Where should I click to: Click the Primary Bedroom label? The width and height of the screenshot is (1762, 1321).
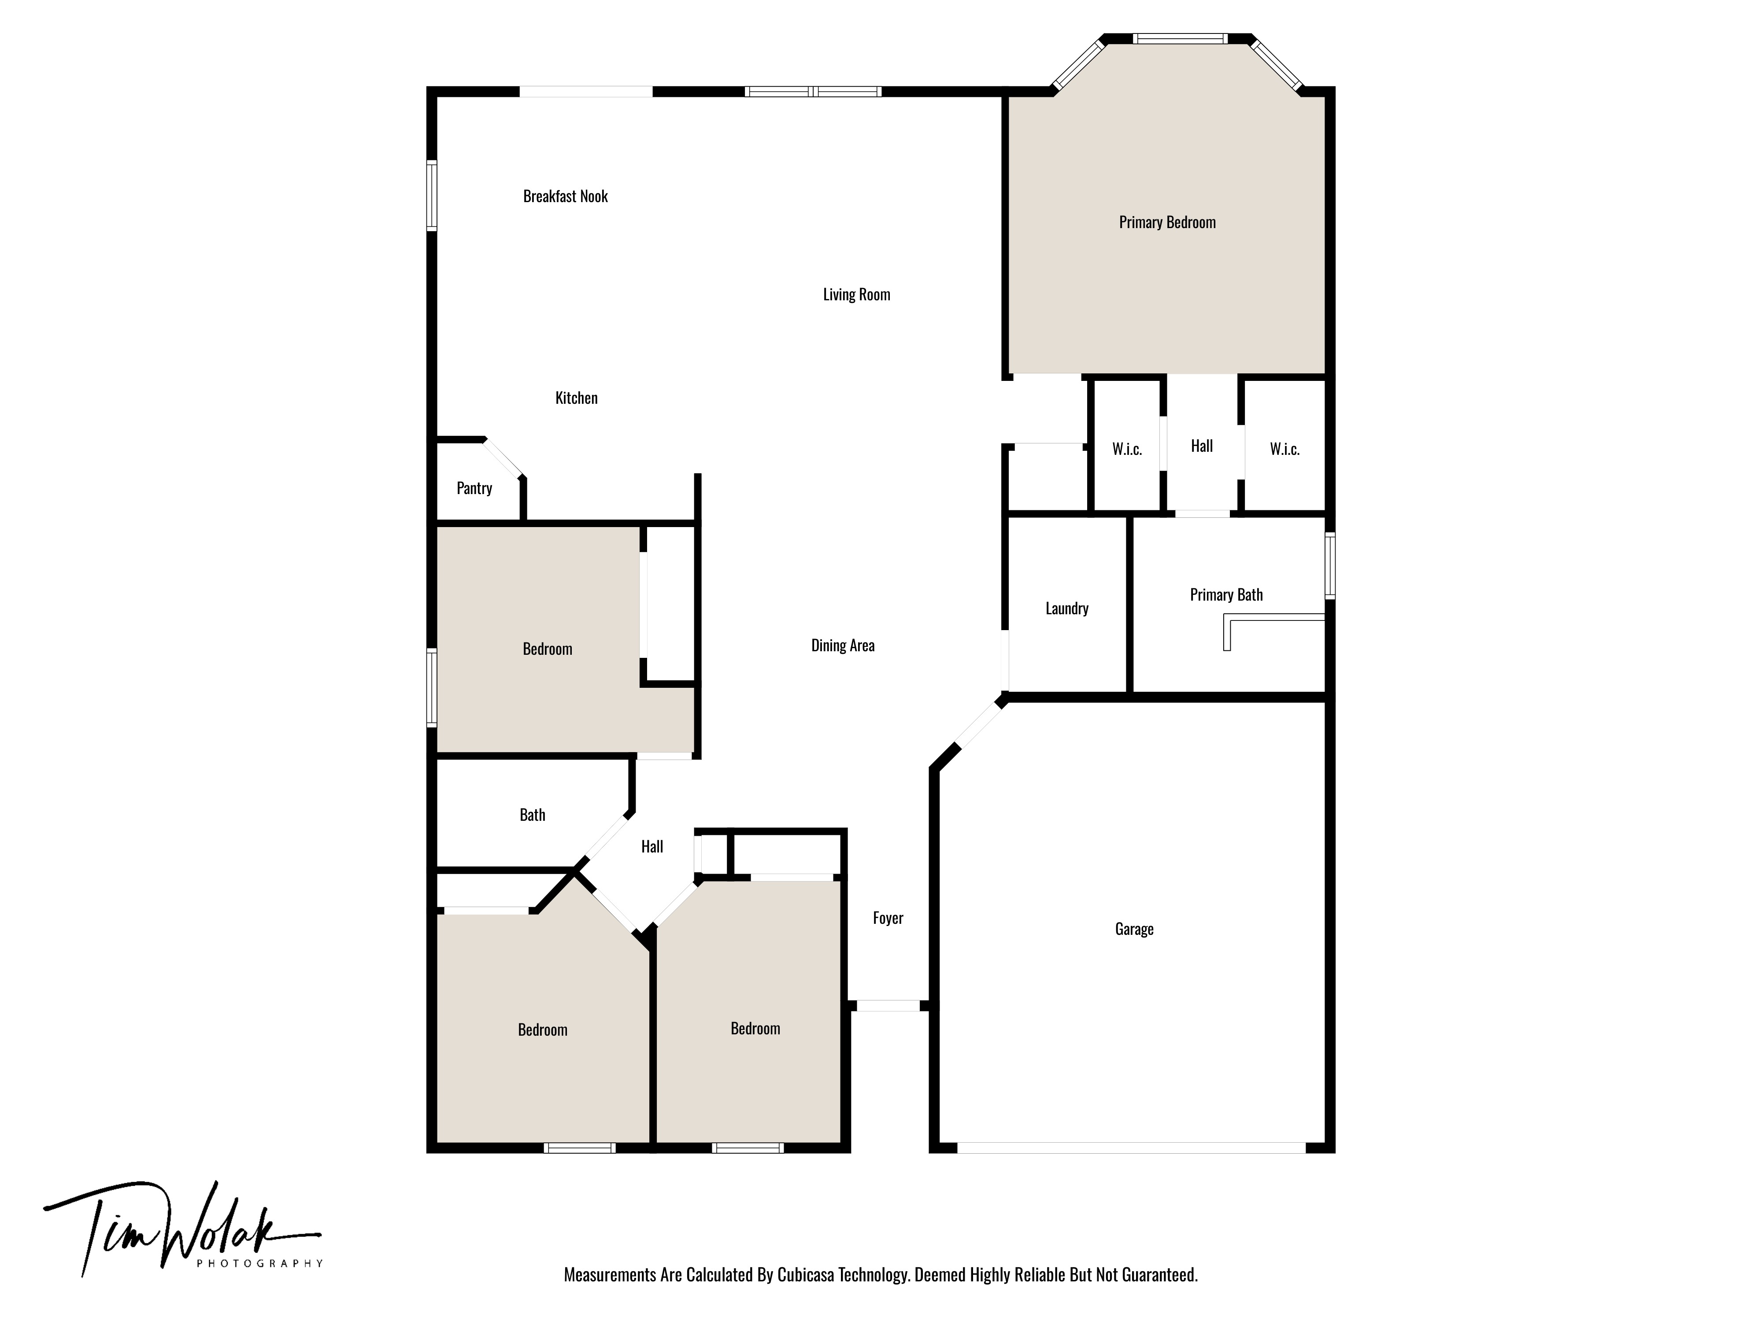coord(1167,223)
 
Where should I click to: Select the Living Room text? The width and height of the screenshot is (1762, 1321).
coord(856,295)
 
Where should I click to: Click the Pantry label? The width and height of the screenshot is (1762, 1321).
coord(474,488)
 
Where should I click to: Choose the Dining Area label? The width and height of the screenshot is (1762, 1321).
coord(843,646)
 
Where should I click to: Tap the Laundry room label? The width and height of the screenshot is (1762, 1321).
coord(1066,609)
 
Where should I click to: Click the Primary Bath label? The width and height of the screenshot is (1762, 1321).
coord(1226,595)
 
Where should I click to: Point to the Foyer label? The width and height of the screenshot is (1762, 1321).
coord(887,918)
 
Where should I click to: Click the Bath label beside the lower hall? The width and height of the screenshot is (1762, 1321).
coord(532,815)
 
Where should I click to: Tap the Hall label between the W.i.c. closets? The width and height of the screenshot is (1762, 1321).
coord(1201,446)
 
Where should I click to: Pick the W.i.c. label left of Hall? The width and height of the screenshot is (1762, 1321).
coord(1126,449)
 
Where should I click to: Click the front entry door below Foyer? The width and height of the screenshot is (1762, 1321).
coord(887,1006)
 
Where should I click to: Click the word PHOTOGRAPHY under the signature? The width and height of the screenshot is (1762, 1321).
coord(260,1264)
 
